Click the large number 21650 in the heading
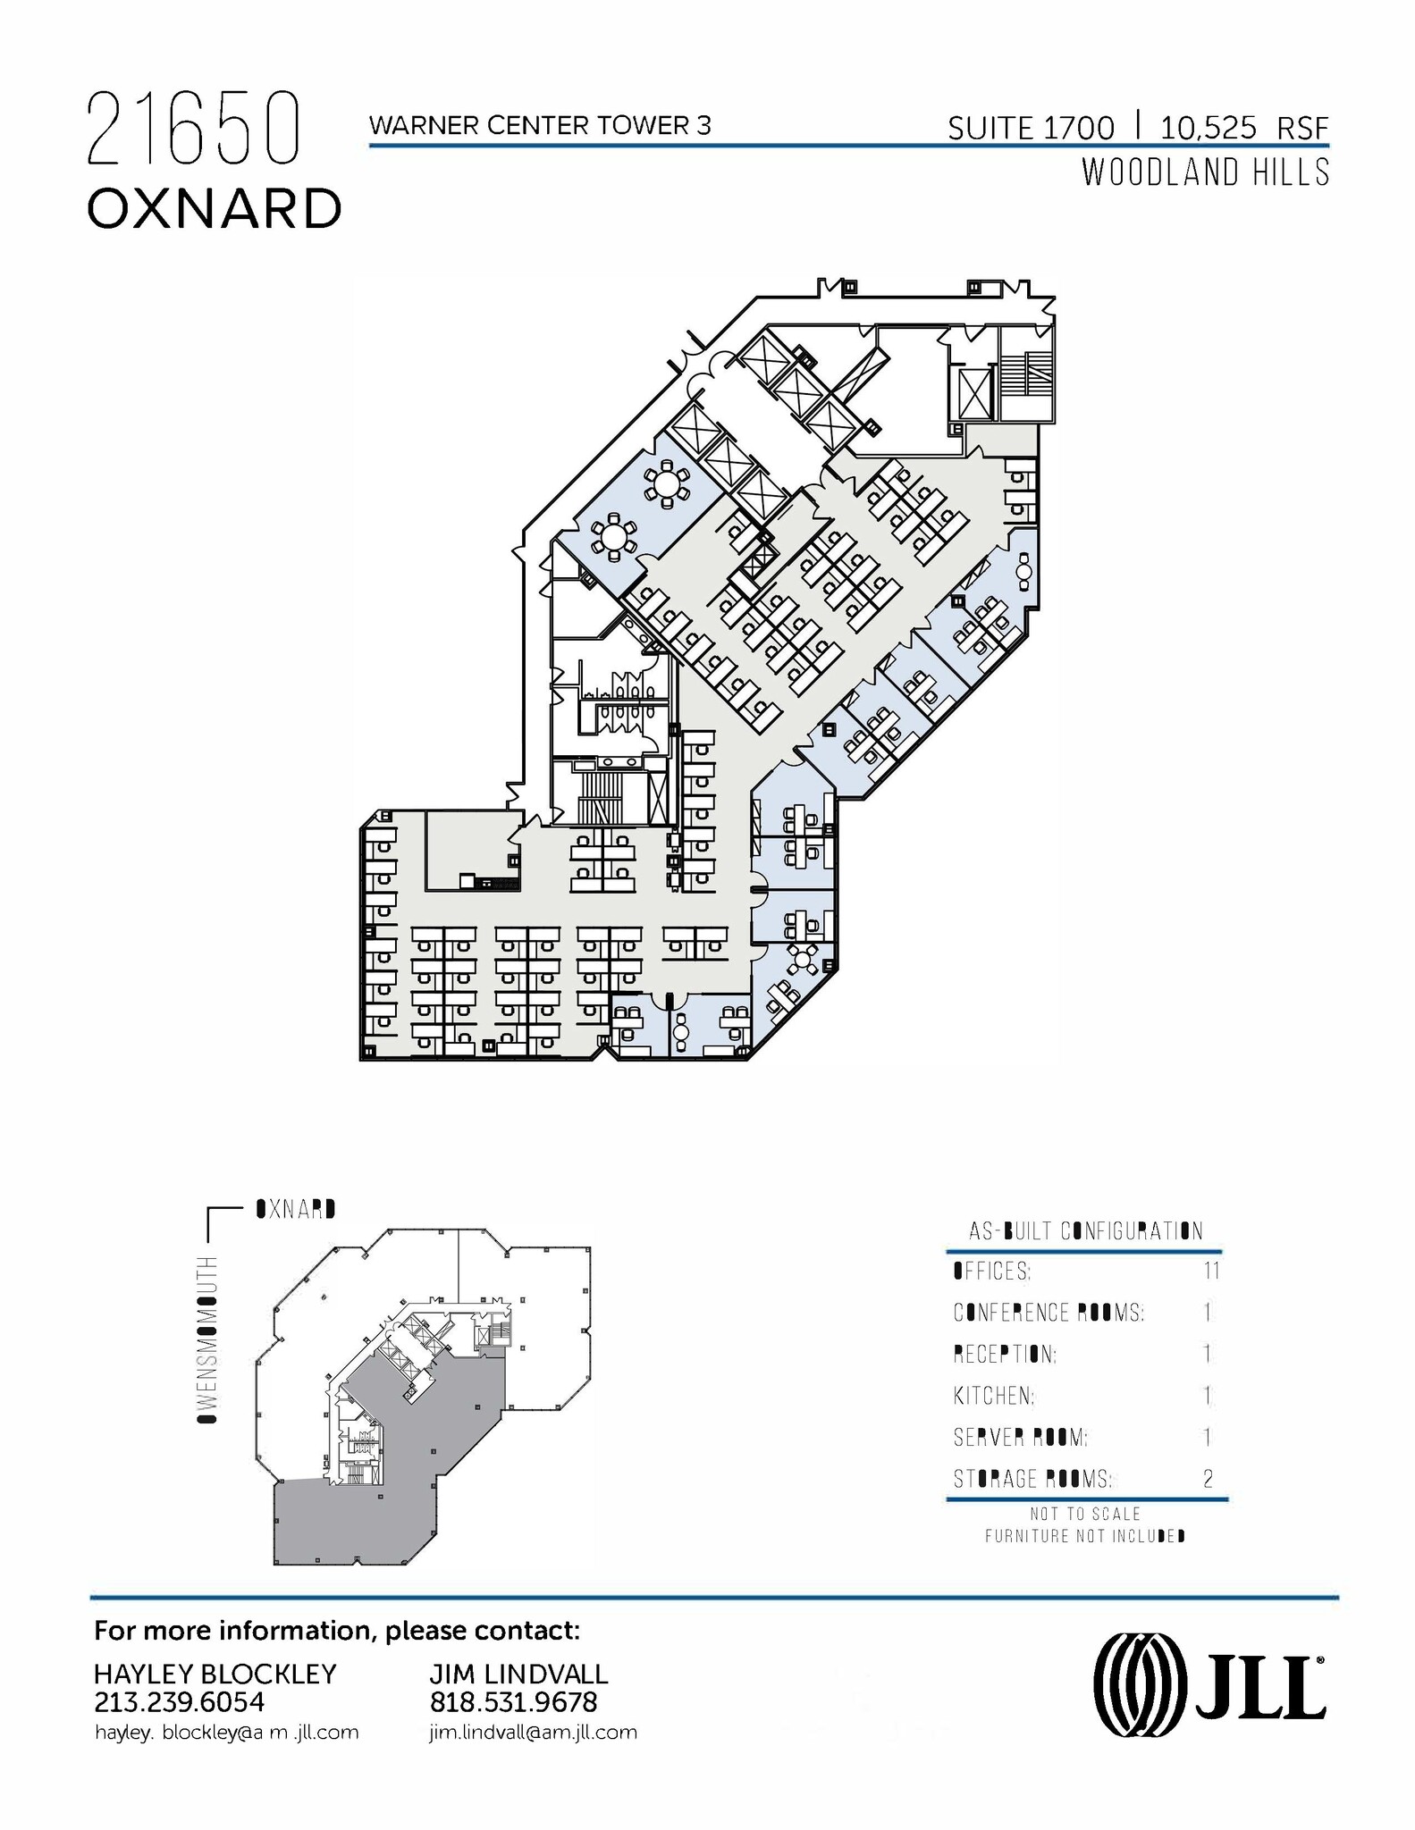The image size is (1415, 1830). tap(192, 130)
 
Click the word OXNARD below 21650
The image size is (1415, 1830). tap(215, 209)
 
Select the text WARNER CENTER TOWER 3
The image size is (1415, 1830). tap(540, 126)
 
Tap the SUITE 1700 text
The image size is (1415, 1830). tap(1031, 129)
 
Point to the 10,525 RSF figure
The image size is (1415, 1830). tap(1244, 129)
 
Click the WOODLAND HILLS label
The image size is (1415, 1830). tap(1205, 172)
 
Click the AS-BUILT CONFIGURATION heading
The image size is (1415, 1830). tap(1085, 1231)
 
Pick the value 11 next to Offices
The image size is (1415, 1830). tap(1211, 1271)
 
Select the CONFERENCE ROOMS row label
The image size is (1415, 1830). tap(1048, 1313)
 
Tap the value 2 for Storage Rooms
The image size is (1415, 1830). tap(1208, 1480)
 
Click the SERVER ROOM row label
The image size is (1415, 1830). tap(1019, 1438)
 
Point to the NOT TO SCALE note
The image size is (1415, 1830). tap(1084, 1515)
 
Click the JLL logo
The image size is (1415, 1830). tap(1209, 1689)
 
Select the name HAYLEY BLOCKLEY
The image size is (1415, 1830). tap(215, 1674)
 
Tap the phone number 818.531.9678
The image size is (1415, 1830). tap(513, 1702)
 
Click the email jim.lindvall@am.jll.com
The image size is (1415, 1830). tap(533, 1733)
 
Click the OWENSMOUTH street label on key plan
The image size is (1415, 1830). tap(207, 1339)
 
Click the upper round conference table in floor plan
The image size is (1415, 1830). tap(667, 485)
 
